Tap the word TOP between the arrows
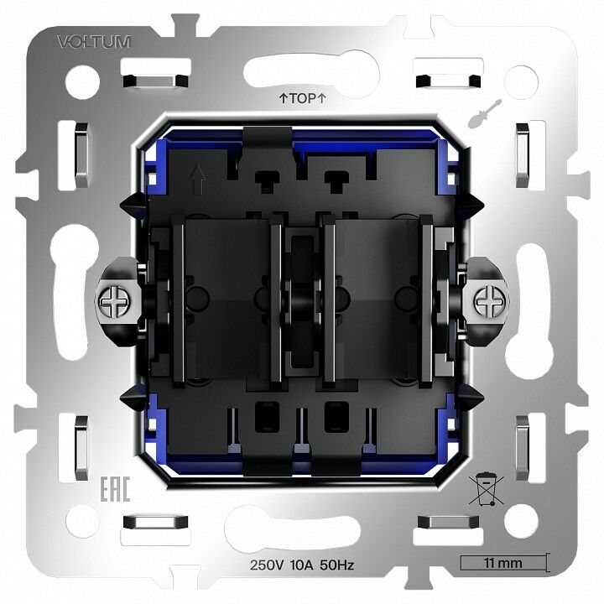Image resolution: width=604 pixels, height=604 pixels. (x=302, y=98)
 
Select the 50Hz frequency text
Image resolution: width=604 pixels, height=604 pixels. (x=339, y=565)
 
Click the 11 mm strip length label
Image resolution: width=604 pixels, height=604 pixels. (x=503, y=563)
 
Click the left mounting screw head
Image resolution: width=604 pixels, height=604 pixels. (x=112, y=298)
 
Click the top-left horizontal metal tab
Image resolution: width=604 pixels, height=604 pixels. (x=154, y=81)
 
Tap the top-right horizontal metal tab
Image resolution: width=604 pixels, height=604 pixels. (x=448, y=81)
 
